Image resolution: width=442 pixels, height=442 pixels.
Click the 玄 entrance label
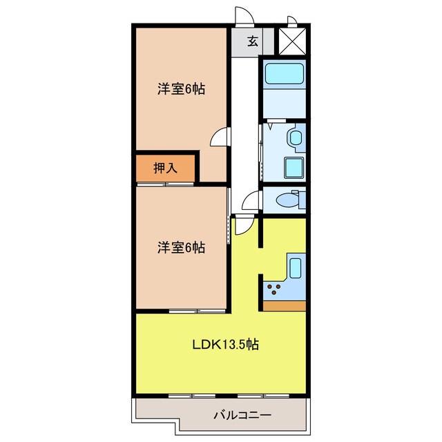252,41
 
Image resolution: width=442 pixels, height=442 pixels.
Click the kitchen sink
296,267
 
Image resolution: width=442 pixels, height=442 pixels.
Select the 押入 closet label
165,169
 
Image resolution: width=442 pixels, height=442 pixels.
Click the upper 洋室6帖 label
182,89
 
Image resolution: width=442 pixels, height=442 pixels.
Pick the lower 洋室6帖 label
182,247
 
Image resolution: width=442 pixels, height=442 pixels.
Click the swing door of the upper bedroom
220,138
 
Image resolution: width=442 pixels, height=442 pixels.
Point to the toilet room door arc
251,201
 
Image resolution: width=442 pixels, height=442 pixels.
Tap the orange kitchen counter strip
285,305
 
